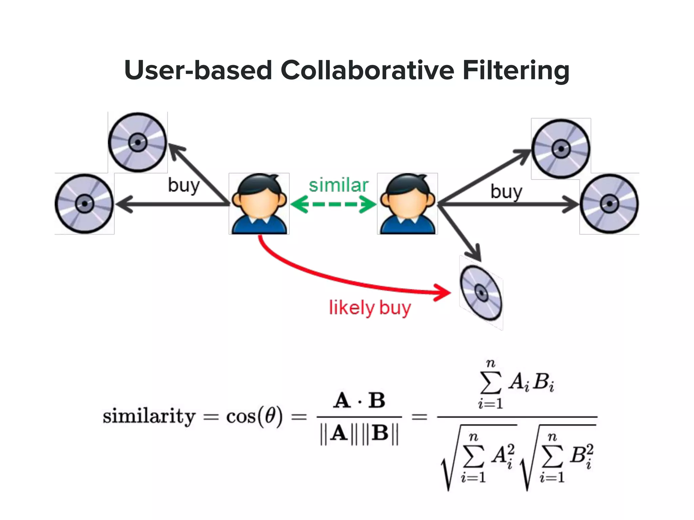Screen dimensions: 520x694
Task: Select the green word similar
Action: pyautogui.click(x=338, y=186)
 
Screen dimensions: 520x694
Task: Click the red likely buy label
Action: pyautogui.click(x=370, y=308)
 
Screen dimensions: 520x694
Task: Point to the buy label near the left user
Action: pyautogui.click(x=184, y=186)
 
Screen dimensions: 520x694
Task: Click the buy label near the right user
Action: pyautogui.click(x=506, y=192)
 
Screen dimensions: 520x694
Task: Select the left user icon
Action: pyautogui.click(x=259, y=203)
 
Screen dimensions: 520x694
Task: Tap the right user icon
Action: pyautogui.click(x=407, y=203)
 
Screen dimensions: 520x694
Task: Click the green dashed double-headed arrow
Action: pyautogui.click(x=334, y=204)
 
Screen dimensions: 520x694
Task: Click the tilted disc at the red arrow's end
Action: pyautogui.click(x=481, y=292)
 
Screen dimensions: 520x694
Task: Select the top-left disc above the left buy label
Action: pyautogui.click(x=138, y=143)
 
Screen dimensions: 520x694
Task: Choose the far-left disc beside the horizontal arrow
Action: pyautogui.click(x=84, y=203)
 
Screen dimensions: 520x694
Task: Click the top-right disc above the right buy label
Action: pyautogui.click(x=561, y=149)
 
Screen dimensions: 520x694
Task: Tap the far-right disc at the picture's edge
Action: pyautogui.click(x=609, y=203)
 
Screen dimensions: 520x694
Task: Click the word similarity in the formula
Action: pyautogui.click(x=149, y=416)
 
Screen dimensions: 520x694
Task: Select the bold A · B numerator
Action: pyautogui.click(x=359, y=400)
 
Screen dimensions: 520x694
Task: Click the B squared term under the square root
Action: pyautogui.click(x=581, y=455)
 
